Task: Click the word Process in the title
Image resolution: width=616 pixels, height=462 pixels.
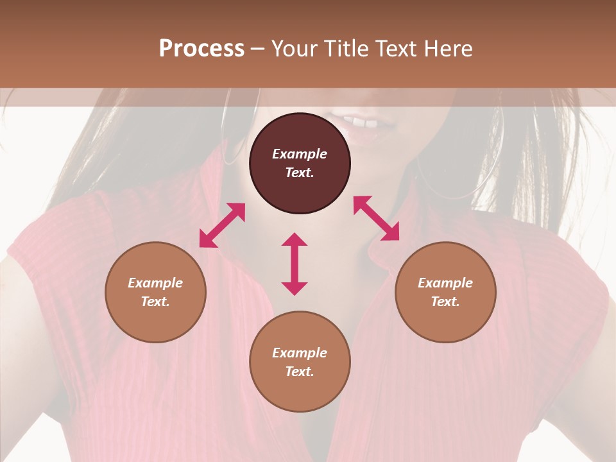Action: pos(201,49)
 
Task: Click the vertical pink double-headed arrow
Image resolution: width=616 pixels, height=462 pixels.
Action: pos(295,264)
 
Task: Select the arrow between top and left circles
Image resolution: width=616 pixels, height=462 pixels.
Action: pos(222,225)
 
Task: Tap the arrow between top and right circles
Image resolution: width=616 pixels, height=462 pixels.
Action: pos(377,218)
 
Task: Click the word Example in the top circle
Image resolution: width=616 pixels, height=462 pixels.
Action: pos(300,154)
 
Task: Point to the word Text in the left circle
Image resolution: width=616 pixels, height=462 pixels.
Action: pos(155,302)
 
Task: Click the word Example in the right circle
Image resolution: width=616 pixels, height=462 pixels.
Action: pos(445,283)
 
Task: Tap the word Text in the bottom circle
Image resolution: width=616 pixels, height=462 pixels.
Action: pos(299,372)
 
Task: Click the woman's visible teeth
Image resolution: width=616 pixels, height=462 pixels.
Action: pos(360,121)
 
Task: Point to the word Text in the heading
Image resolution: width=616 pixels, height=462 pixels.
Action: pos(395,49)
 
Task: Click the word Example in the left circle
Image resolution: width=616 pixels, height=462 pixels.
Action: pos(155,283)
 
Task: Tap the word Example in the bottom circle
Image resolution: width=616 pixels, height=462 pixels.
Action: pos(300,353)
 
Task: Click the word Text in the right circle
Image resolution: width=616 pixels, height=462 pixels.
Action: pos(445,302)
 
